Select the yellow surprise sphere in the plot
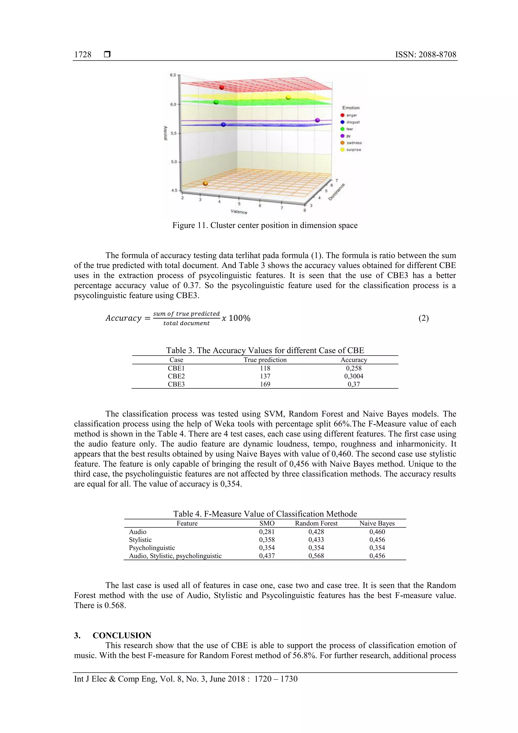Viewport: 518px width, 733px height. (x=288, y=97)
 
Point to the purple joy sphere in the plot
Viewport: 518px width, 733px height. (x=317, y=120)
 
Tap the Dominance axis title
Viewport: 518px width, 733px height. (x=337, y=192)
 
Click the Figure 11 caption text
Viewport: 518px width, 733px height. (x=265, y=225)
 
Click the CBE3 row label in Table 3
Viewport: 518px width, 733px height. (x=176, y=384)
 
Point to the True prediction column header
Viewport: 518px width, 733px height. (x=265, y=360)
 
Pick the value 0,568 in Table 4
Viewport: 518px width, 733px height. (x=316, y=556)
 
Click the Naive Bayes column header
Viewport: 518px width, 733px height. (x=377, y=523)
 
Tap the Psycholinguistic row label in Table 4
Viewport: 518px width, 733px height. (x=152, y=548)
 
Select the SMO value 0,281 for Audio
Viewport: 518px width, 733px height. (x=267, y=532)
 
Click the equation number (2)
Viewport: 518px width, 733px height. (x=423, y=318)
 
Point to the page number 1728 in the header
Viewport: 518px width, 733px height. (x=83, y=55)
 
